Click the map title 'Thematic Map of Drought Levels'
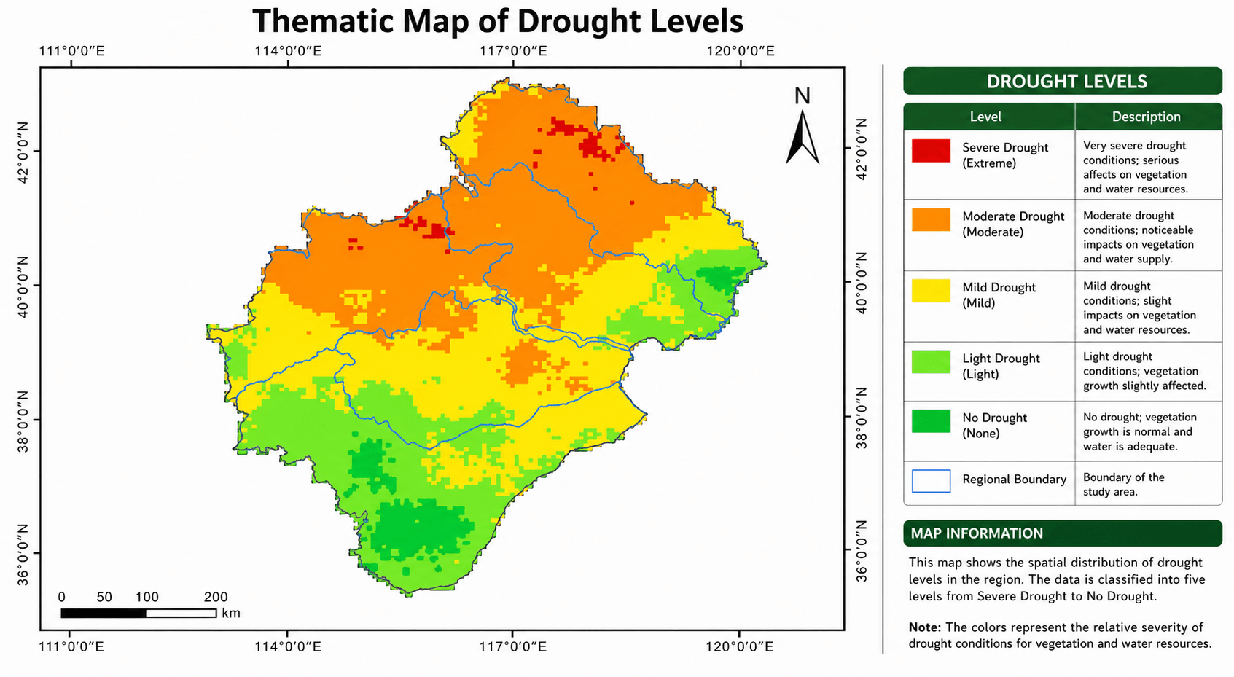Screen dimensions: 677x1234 point(498,21)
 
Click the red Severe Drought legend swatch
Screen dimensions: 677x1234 point(931,151)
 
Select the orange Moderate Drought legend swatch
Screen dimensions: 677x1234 point(931,220)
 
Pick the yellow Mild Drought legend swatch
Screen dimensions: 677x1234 point(931,291)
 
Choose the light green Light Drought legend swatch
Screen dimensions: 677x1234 point(931,362)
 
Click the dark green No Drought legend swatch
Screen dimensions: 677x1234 point(931,421)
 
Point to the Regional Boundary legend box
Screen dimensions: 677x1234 point(931,481)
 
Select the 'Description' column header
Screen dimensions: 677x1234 point(1146,117)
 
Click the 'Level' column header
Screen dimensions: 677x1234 point(985,117)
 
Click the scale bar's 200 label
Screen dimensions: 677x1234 point(216,598)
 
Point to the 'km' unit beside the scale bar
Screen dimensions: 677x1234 point(231,614)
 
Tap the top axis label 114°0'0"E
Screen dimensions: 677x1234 point(288,51)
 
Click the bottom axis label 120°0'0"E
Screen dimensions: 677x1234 point(739,647)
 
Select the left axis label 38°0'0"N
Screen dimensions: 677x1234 point(23,420)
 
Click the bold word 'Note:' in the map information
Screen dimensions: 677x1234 point(924,627)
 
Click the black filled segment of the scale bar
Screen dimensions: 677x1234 point(104,614)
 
